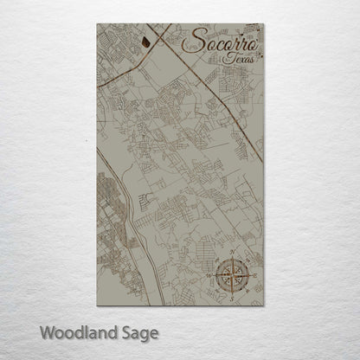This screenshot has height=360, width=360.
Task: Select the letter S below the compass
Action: coord(235,296)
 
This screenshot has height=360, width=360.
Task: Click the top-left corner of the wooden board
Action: coord(97,24)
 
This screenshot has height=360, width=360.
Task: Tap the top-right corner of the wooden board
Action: coord(264,24)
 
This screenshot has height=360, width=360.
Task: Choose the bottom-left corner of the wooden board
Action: coord(97,305)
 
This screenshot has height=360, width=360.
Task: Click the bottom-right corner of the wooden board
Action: coord(264,305)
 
